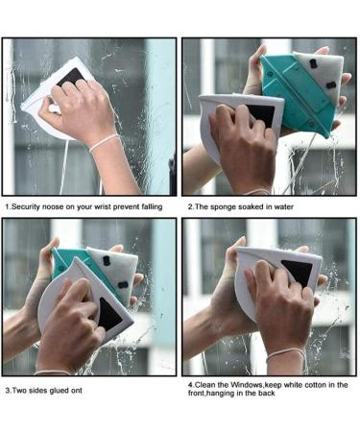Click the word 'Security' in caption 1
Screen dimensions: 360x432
(x=26, y=207)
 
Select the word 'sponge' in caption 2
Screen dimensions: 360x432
(x=222, y=207)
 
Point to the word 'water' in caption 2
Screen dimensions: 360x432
(x=283, y=207)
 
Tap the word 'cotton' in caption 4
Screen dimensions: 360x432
(x=315, y=385)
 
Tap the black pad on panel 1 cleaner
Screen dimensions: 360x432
(x=71, y=77)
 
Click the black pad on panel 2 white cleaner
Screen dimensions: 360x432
(x=262, y=113)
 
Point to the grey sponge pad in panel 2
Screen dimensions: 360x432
(x=322, y=76)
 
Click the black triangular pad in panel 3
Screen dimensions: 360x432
(x=109, y=314)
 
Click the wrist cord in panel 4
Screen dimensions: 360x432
(x=286, y=355)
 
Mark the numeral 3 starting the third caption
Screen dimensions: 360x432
(x=8, y=391)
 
